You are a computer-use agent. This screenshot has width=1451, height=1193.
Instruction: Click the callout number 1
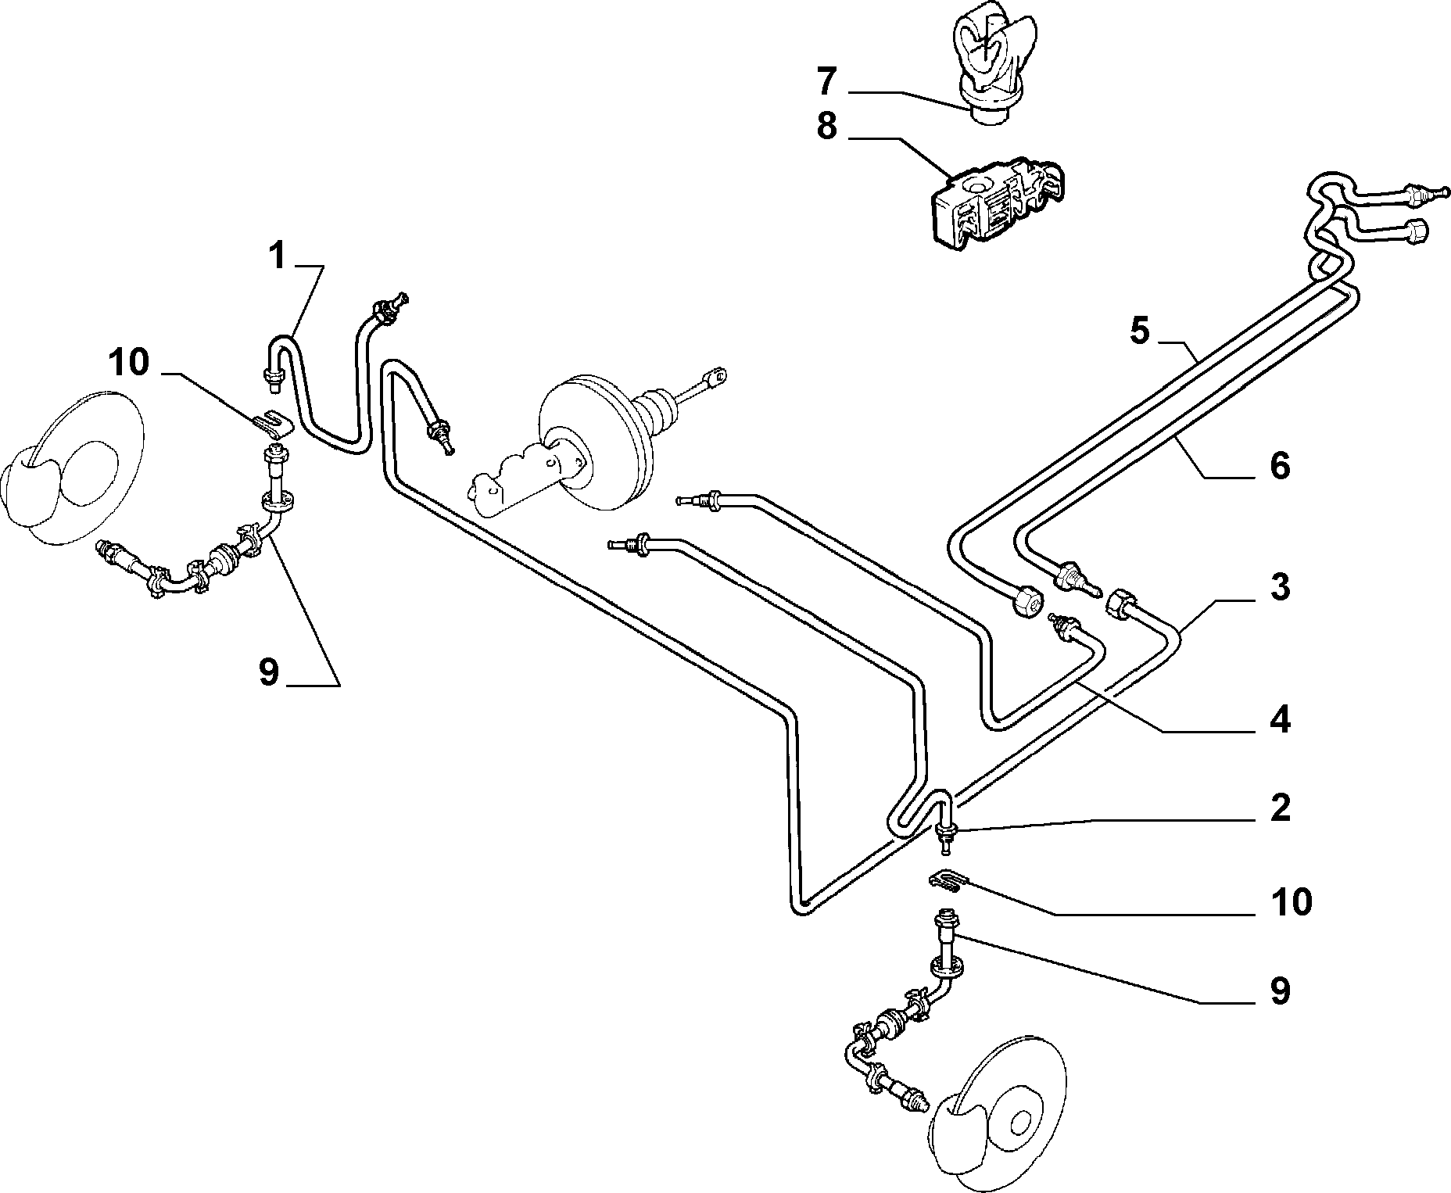coord(278,256)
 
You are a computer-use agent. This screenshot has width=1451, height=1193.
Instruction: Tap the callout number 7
coord(827,81)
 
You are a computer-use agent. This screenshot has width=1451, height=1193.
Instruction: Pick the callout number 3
coord(1279,587)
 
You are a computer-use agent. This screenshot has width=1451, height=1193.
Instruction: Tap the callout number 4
coord(1279,719)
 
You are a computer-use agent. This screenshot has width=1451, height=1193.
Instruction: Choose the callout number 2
coord(1279,808)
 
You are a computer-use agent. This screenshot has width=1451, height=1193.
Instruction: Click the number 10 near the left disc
coord(129,363)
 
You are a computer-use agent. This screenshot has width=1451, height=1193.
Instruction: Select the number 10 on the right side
coord(1290,901)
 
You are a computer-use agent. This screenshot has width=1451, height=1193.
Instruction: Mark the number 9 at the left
coord(268,672)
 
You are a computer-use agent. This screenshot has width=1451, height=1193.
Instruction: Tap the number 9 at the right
coord(1279,991)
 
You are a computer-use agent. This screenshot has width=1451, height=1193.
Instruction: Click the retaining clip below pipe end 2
coord(948,880)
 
